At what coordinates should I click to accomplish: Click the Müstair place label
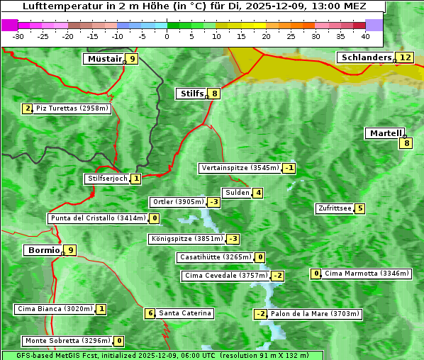(104, 59)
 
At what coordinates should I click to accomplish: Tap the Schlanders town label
(366, 57)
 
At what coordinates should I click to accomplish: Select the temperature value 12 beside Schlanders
(405, 57)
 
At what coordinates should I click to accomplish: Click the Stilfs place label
(191, 93)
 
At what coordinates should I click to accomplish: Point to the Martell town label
(385, 133)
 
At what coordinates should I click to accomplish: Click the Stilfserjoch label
(107, 179)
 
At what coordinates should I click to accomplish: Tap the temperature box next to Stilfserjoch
(136, 179)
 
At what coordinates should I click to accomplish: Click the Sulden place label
(237, 193)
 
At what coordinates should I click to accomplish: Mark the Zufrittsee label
(335, 208)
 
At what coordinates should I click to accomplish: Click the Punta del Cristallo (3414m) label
(98, 218)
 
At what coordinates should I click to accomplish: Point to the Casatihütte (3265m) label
(215, 257)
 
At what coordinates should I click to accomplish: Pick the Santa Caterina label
(184, 313)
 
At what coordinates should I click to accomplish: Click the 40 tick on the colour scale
(365, 35)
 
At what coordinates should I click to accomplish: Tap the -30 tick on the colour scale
(18, 35)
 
